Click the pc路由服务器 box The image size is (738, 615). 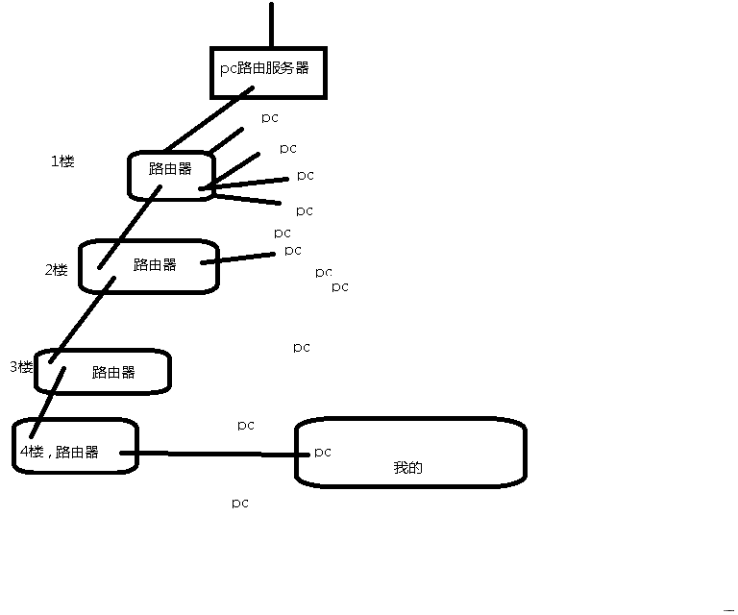(264, 70)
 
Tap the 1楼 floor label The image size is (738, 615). (62, 161)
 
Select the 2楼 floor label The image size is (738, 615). (56, 270)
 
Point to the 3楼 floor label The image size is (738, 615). (21, 367)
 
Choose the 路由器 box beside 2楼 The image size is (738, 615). (154, 265)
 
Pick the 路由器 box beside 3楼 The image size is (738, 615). (113, 373)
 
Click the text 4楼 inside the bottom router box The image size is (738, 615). (32, 452)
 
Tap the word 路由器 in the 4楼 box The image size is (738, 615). (77, 452)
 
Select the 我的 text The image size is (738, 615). (407, 468)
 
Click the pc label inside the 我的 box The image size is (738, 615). (322, 452)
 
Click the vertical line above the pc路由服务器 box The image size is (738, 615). (272, 24)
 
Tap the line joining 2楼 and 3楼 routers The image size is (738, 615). (82, 320)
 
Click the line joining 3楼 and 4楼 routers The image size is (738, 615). (47, 402)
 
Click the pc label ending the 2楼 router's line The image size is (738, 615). (292, 250)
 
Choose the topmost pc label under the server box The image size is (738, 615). (270, 117)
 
